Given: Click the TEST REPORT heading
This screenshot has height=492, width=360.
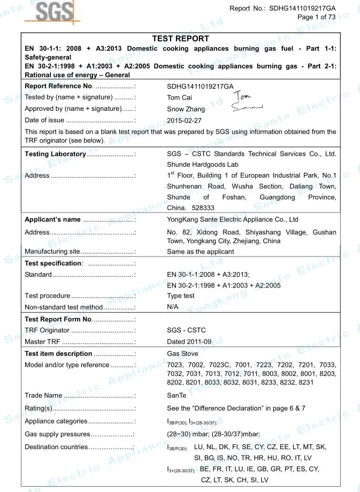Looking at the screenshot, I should (180, 39).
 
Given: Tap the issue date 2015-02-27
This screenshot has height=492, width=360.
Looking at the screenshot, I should (184, 120).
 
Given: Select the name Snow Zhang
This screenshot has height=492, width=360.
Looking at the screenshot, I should (186, 109).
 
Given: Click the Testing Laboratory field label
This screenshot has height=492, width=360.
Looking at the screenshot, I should (56, 154).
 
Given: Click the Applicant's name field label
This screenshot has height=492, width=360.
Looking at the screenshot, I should (53, 219).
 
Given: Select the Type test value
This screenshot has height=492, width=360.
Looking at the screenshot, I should (181, 296).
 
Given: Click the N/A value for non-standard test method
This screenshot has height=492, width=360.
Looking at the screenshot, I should (173, 307).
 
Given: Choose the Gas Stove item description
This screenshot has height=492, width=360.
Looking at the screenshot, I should (182, 353).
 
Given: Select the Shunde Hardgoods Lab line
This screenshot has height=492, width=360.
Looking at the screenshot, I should (203, 165).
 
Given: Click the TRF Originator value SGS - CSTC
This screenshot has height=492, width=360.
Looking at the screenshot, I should (186, 330).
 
